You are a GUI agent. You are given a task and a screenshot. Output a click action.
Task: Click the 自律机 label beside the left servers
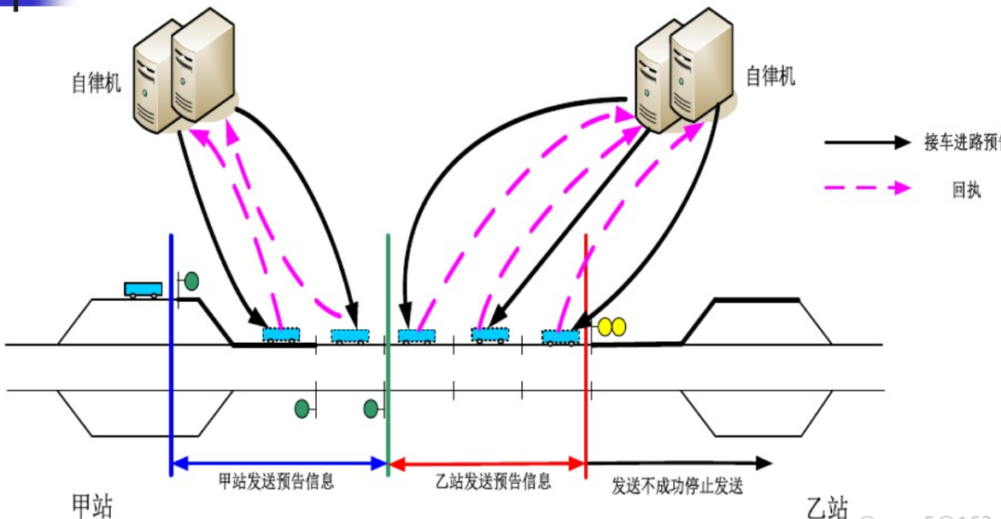(x=97, y=82)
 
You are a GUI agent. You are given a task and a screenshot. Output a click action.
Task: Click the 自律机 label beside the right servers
(x=770, y=77)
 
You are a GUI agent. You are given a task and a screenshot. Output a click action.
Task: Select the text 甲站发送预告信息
(x=276, y=481)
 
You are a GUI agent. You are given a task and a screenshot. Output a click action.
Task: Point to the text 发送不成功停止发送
(x=677, y=487)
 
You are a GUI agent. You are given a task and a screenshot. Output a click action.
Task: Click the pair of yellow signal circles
(x=612, y=326)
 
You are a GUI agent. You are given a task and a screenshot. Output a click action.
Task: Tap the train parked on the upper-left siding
(x=143, y=289)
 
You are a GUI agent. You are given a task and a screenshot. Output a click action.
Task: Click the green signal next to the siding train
(x=191, y=280)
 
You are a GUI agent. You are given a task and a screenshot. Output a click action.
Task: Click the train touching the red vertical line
(x=561, y=337)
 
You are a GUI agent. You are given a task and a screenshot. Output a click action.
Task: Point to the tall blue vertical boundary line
(x=172, y=342)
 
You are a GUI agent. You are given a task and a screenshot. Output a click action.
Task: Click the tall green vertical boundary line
(x=389, y=342)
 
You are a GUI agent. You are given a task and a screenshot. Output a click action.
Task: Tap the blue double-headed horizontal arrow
(x=279, y=464)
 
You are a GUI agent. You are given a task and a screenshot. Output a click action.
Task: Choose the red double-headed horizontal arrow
(x=488, y=464)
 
